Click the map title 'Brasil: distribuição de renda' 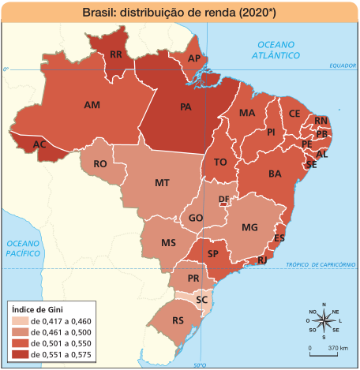tap(180, 13)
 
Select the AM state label tap(92, 104)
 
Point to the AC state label tap(39, 144)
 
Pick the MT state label tap(162, 183)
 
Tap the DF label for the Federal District tap(223, 199)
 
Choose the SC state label tap(202, 301)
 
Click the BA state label tap(275, 173)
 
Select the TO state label tap(220, 162)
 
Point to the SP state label tap(212, 254)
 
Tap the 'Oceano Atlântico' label tap(276, 50)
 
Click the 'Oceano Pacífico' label tap(21, 249)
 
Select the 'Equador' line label tap(343, 65)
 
